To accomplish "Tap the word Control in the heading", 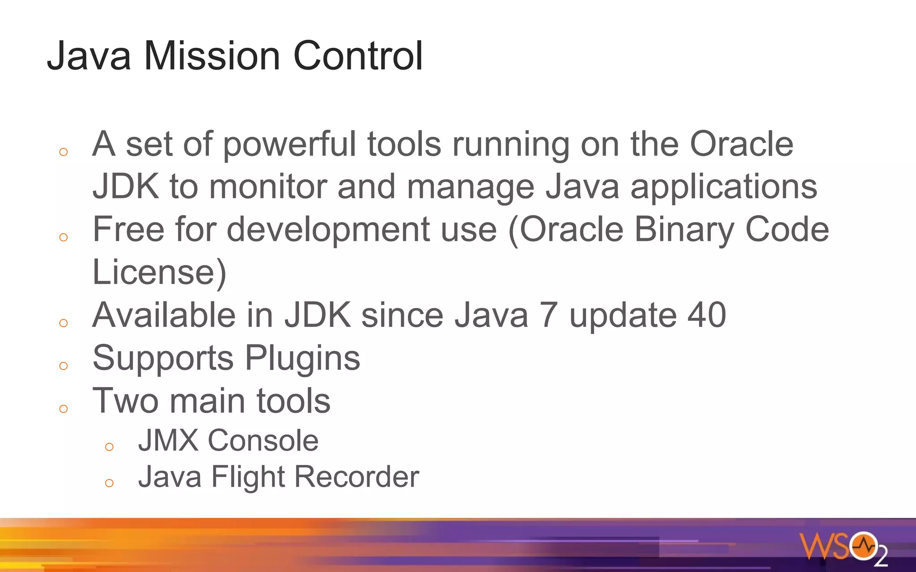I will (358, 56).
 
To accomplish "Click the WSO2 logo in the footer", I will (843, 548).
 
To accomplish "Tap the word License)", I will (159, 272).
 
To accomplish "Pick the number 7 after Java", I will (549, 315).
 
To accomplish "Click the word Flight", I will (247, 477).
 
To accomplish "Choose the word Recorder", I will (356, 477).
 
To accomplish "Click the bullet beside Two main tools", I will (64, 408).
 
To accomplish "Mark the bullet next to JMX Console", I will (109, 446).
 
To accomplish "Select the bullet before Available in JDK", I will (64, 323).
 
